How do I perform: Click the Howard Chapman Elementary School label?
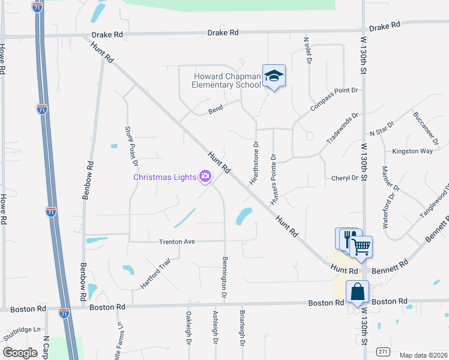[226, 80]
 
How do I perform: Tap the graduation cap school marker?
[274, 76]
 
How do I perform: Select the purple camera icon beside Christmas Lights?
[205, 176]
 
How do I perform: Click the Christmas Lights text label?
[164, 177]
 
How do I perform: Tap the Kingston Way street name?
[412, 151]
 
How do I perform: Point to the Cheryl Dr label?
[345, 178]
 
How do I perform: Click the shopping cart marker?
[361, 246]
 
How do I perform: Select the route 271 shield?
[382, 352]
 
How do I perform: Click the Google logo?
[20, 353]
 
